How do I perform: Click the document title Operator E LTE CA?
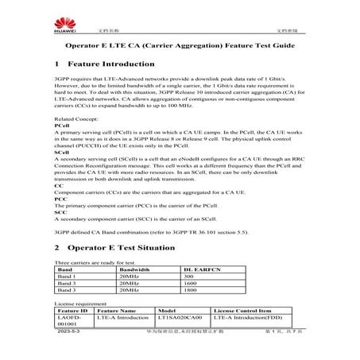pyautogui.click(x=180, y=46)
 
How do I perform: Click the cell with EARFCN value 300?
pyautogui.click(x=188, y=277)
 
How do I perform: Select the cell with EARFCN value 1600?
pyautogui.click(x=190, y=284)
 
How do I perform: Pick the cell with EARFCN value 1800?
pyautogui.click(x=190, y=291)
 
